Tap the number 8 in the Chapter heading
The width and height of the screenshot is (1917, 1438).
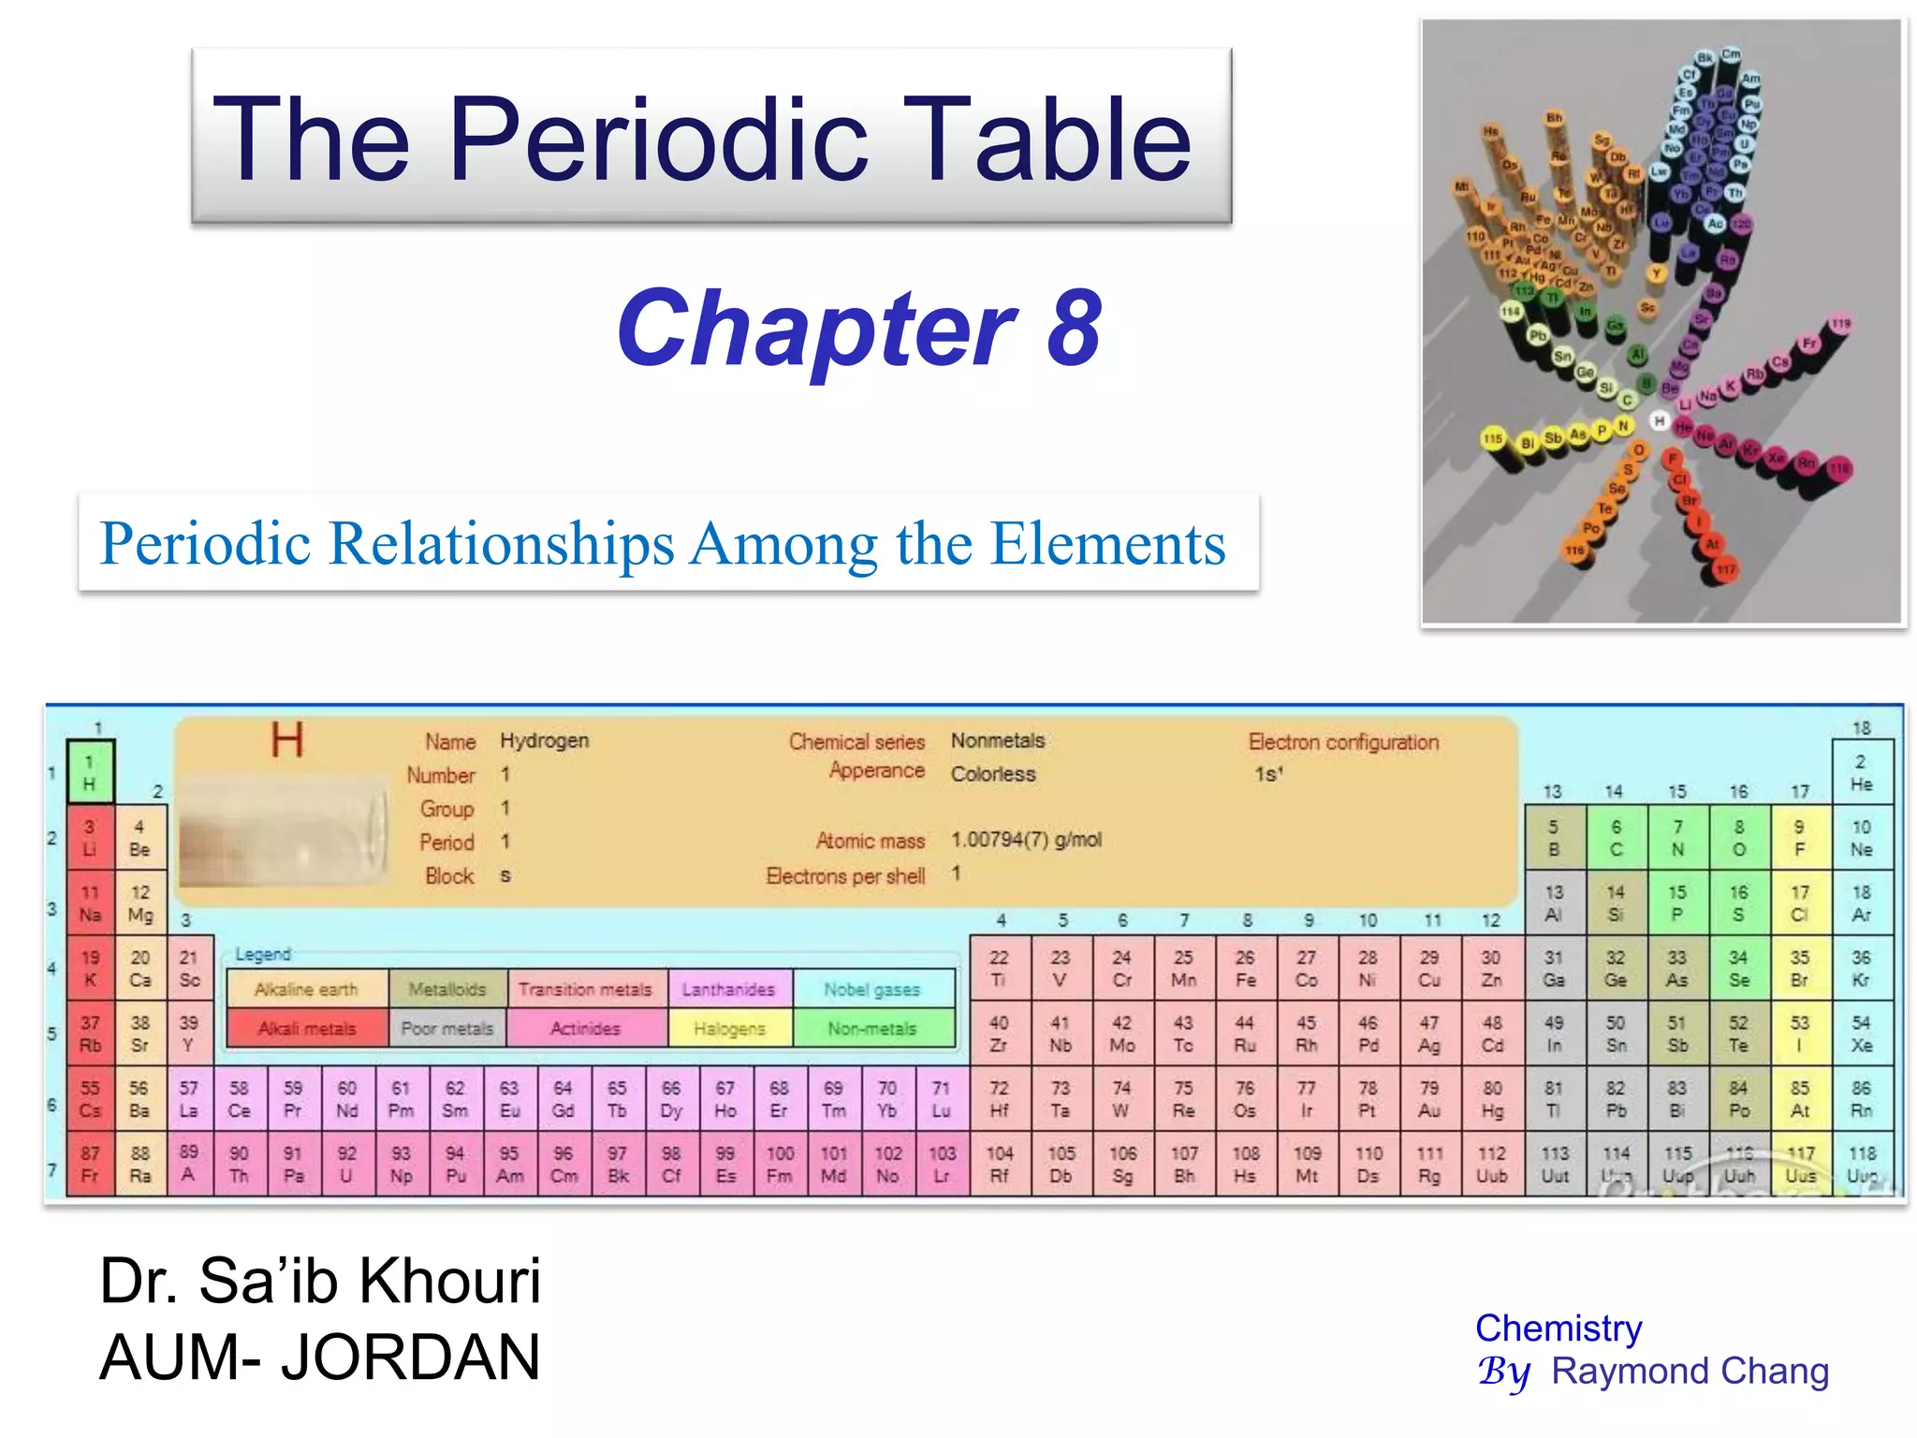click(x=1074, y=329)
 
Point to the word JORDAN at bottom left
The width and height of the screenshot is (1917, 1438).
click(x=411, y=1357)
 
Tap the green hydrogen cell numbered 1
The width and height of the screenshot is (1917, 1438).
click(x=90, y=772)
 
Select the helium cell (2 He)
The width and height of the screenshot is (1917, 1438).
click(x=1861, y=772)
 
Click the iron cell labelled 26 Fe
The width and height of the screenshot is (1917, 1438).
click(x=1245, y=968)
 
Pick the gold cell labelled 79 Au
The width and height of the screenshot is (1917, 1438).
click(x=1429, y=1099)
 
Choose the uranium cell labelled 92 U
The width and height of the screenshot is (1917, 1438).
click(x=346, y=1165)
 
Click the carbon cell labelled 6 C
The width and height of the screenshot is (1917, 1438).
click(x=1616, y=838)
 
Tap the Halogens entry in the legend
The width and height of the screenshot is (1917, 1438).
click(x=730, y=1029)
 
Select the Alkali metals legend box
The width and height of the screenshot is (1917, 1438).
click(x=307, y=1029)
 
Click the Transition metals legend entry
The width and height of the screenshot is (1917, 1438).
click(x=586, y=990)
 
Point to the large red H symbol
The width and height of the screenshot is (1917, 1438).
click(x=287, y=741)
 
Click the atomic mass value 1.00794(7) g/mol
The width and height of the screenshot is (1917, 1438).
click(x=1026, y=840)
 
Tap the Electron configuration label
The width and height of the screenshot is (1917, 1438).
click(x=1343, y=742)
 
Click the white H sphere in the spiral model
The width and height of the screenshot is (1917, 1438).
click(x=1660, y=421)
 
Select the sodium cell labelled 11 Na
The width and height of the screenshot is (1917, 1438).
click(x=90, y=903)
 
